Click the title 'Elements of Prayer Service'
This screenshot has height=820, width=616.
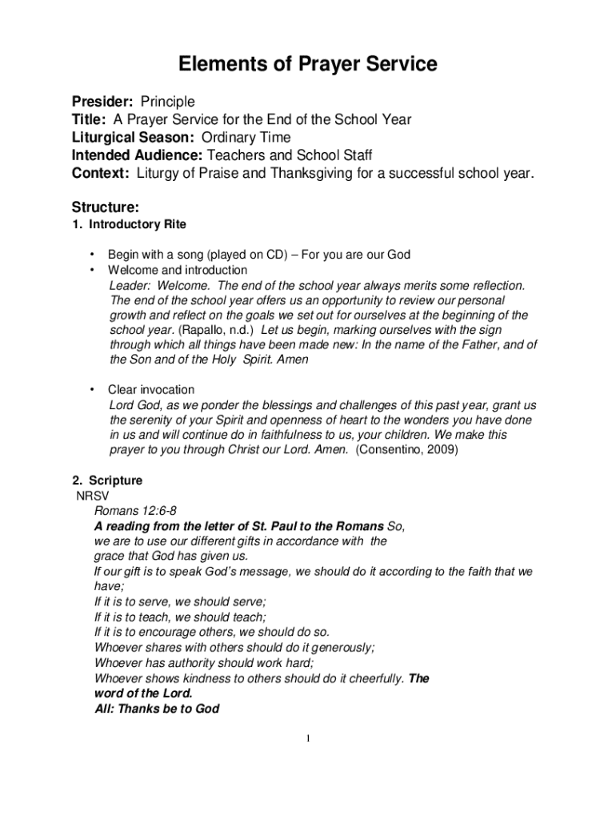[x=307, y=64]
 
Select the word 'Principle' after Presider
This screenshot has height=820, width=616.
[x=167, y=102]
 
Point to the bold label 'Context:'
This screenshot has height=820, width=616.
[x=101, y=172]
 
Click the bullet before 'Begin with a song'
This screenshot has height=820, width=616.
[x=94, y=255]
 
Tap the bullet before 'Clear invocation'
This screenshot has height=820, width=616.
[x=94, y=389]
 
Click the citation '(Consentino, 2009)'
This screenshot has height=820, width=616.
[x=406, y=450]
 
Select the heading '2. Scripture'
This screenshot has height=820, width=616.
[x=107, y=480]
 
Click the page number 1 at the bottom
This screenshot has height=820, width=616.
[x=307, y=738]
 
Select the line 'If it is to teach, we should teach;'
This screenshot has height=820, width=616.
[x=180, y=617]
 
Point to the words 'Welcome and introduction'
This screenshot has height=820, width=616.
[x=178, y=270]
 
